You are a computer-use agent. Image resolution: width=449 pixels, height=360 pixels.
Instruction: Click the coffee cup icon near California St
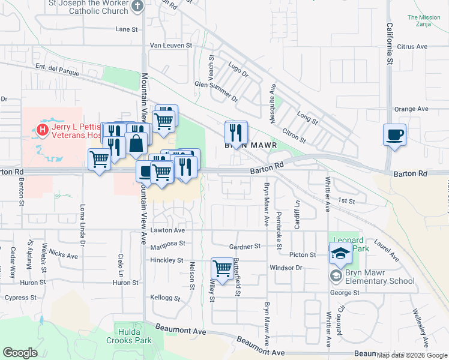pyautogui.click(x=394, y=134)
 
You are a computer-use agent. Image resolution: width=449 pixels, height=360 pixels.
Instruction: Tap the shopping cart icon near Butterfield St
pyautogui.click(x=222, y=268)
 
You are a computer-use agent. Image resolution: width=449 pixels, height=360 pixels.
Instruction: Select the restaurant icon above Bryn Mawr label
pyautogui.click(x=236, y=132)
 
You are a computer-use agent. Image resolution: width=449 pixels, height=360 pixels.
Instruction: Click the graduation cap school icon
pyautogui.click(x=340, y=254)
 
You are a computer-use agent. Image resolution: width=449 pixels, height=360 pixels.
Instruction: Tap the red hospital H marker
pyautogui.click(x=43, y=129)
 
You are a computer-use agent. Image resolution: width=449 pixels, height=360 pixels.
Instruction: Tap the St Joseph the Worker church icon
pyautogui.click(x=137, y=6)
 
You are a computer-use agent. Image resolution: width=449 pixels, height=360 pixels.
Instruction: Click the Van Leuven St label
pyautogui.click(x=170, y=45)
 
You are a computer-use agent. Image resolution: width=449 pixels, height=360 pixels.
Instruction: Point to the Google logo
pyautogui.click(x=20, y=353)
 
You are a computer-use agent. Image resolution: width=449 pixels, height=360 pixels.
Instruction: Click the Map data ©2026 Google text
pyautogui.click(x=411, y=355)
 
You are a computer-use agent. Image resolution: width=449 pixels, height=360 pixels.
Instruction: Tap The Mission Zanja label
pyautogui.click(x=424, y=21)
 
